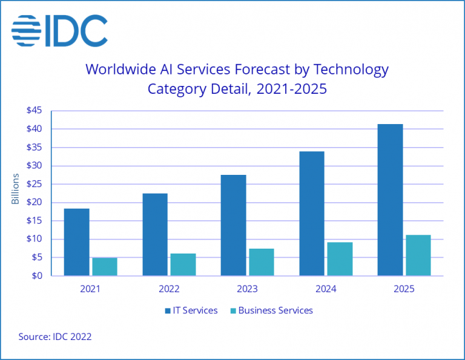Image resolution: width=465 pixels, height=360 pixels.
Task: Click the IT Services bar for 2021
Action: point(76,242)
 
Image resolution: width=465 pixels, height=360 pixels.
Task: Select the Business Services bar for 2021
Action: point(104,266)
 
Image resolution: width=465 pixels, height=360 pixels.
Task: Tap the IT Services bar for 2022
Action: point(155,235)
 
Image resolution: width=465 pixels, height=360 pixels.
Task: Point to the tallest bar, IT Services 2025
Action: point(390,200)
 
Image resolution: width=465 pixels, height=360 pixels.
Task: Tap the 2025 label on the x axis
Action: point(404,289)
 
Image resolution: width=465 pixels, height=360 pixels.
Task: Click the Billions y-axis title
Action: point(16,189)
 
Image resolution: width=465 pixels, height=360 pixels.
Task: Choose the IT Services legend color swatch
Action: point(168,311)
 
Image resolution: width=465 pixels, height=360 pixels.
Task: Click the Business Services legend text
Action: point(275,310)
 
